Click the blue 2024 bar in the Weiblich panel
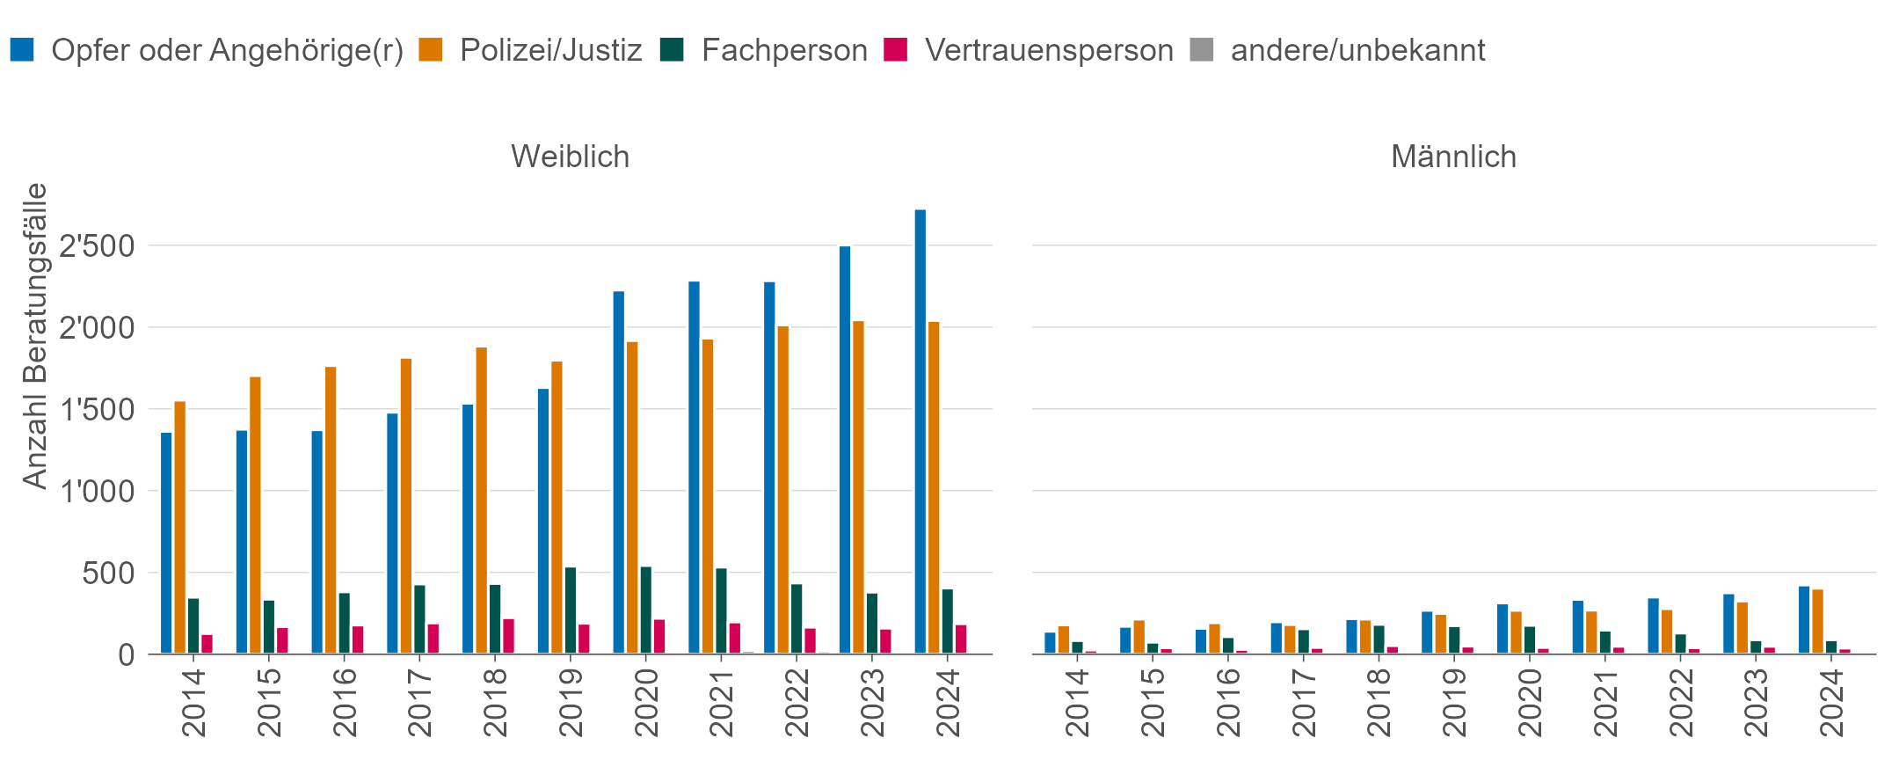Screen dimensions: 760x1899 pyautogui.click(x=920, y=431)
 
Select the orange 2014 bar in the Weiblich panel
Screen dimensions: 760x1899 pyautogui.click(x=179, y=528)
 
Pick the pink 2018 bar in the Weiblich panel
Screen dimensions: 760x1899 pyautogui.click(x=508, y=636)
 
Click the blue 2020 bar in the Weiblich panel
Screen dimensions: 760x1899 pyautogui.click(x=618, y=472)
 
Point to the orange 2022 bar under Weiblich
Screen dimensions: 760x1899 pyautogui.click(x=782, y=490)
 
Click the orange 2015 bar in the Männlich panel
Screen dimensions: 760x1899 pyautogui.click(x=1139, y=637)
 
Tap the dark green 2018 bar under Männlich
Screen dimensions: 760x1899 pyautogui.click(x=1379, y=639)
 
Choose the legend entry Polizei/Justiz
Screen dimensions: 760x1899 pyautogui.click(x=550, y=50)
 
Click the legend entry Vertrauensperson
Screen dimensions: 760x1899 pyautogui.click(x=1048, y=50)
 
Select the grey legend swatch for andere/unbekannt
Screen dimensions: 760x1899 pyautogui.click(x=1201, y=49)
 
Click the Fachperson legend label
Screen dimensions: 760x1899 pyautogui.click(x=784, y=50)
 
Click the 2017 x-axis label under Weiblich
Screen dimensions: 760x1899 pyautogui.click(x=419, y=702)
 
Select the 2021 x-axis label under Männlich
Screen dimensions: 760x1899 pyautogui.click(x=1605, y=702)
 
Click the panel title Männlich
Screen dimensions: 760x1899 pyautogui.click(x=1453, y=157)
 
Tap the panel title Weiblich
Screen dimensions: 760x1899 pyautogui.click(x=570, y=157)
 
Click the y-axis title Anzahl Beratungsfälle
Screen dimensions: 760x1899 pyautogui.click(x=35, y=335)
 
